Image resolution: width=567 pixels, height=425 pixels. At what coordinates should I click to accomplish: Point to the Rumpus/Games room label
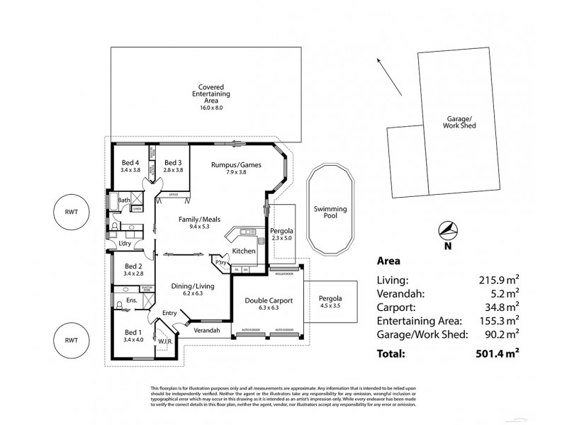237,164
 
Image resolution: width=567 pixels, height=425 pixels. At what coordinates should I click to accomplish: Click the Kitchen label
244,252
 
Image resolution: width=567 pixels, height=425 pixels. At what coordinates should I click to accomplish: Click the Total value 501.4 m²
495,353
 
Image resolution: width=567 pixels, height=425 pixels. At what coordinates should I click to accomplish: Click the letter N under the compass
447,246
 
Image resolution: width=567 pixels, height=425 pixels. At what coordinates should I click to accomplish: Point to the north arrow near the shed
383,72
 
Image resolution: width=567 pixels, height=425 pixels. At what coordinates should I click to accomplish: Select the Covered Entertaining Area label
206,94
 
